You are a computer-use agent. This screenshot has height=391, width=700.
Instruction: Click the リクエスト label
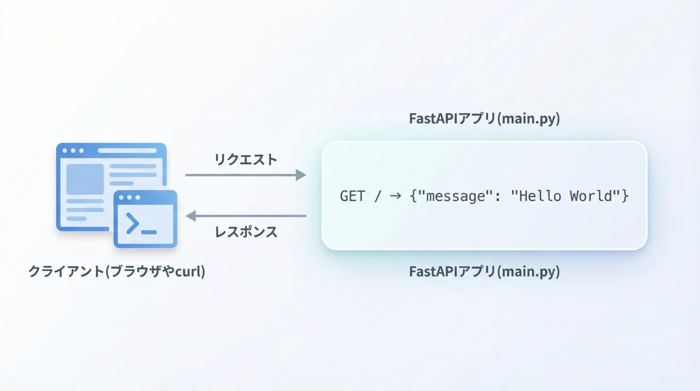pyautogui.click(x=246, y=160)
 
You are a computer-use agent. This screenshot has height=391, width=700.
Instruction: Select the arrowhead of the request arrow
pyautogui.click(x=301, y=175)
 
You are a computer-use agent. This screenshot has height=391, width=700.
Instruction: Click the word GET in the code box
pyautogui.click(x=352, y=196)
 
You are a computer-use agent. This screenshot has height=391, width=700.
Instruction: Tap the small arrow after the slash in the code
pyautogui.click(x=396, y=196)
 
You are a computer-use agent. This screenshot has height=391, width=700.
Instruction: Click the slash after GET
pyautogui.click(x=378, y=196)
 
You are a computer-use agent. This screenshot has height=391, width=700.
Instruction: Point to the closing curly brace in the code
pyautogui.click(x=625, y=196)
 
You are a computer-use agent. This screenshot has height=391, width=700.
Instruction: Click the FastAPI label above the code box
pyautogui.click(x=484, y=119)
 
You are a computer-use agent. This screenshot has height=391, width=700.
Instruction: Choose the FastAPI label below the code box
pyautogui.click(x=484, y=272)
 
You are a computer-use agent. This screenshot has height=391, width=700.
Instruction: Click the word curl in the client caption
pyautogui.click(x=188, y=272)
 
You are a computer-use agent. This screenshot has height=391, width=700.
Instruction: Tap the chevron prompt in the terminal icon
pyautogui.click(x=132, y=223)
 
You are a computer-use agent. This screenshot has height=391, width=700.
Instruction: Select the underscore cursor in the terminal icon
pyautogui.click(x=149, y=232)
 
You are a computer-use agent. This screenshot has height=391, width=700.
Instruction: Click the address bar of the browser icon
pyautogui.click(x=127, y=151)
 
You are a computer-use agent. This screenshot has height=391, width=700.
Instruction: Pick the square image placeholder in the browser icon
pyautogui.click(x=85, y=179)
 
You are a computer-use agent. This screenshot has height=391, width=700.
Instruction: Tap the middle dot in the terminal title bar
pyautogui.click(x=129, y=198)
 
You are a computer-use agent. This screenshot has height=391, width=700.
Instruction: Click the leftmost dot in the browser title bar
pyautogui.click(x=65, y=151)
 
